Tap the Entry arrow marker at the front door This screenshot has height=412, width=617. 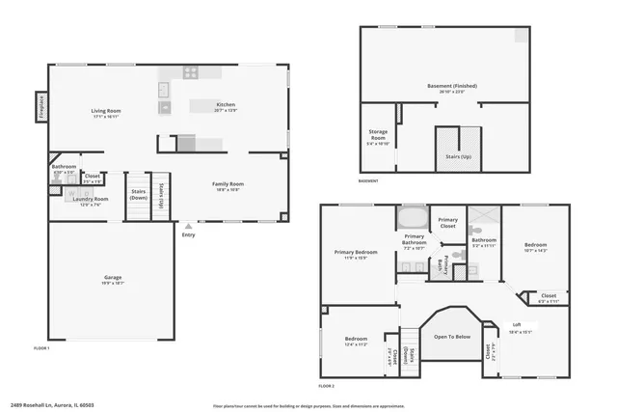coord(187,228)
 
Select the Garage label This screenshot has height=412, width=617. coord(114,277)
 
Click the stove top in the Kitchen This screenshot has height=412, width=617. coord(191,72)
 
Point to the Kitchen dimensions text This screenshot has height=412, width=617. coord(227,110)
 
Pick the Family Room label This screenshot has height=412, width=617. coord(228,183)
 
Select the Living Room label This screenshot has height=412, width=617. coord(104,111)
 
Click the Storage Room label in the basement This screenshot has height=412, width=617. coord(378,135)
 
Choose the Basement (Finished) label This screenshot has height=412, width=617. coord(452,85)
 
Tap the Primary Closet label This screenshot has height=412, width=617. coord(448,223)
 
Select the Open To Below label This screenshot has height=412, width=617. coord(452,337)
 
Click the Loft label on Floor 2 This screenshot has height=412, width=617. coord(517,324)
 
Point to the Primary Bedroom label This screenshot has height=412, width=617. coord(356,252)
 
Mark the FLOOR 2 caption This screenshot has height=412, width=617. coord(326,385)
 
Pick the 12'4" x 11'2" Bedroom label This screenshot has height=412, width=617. coord(357,341)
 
